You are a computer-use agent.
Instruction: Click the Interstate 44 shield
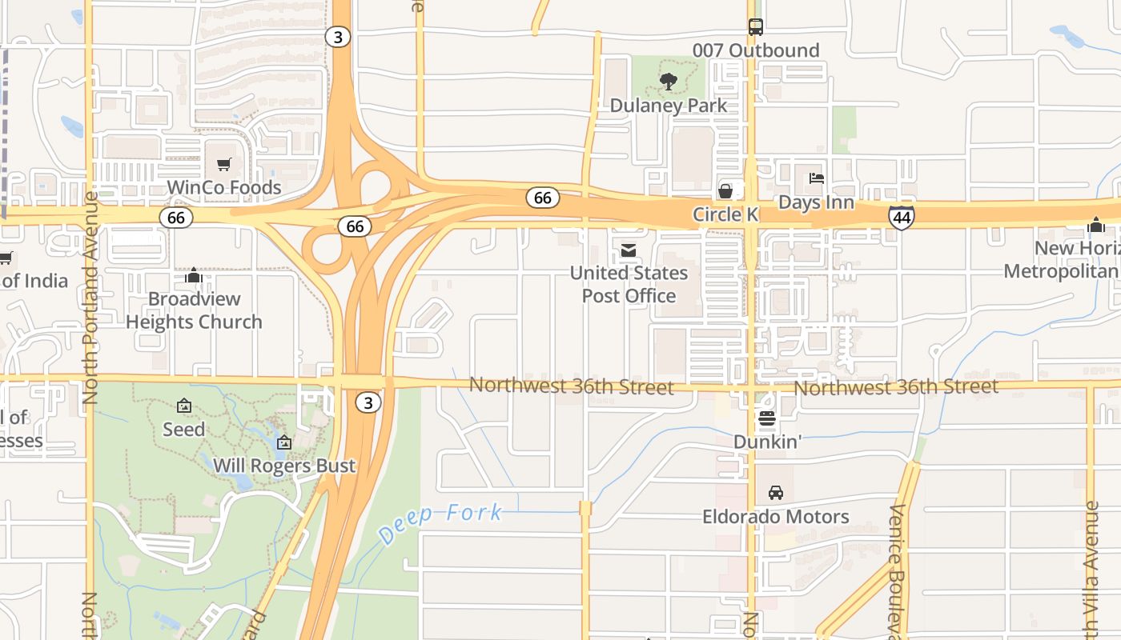(x=901, y=217)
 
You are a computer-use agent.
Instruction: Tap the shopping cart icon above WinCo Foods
(x=224, y=165)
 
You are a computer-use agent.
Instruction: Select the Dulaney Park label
(x=669, y=106)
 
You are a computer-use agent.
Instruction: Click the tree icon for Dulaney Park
(x=668, y=81)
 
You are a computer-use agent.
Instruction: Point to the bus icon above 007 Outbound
(x=756, y=26)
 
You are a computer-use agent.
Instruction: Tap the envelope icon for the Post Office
(x=629, y=251)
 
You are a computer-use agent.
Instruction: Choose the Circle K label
(x=725, y=214)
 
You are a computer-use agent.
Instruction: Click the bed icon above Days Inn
(x=816, y=178)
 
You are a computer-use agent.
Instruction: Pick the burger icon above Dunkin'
(x=767, y=418)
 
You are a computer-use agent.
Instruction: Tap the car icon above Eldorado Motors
(x=775, y=493)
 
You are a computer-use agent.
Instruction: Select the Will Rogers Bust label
(x=284, y=466)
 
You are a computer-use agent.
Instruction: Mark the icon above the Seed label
(x=184, y=406)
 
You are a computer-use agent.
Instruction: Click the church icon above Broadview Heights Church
(x=193, y=275)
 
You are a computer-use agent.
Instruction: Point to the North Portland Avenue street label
(x=90, y=297)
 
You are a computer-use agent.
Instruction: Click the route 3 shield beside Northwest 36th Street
(x=368, y=403)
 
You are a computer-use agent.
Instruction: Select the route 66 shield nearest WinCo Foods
(x=176, y=218)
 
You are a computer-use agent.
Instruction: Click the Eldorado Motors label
(x=775, y=517)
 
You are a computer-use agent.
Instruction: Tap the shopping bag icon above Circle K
(x=725, y=191)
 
